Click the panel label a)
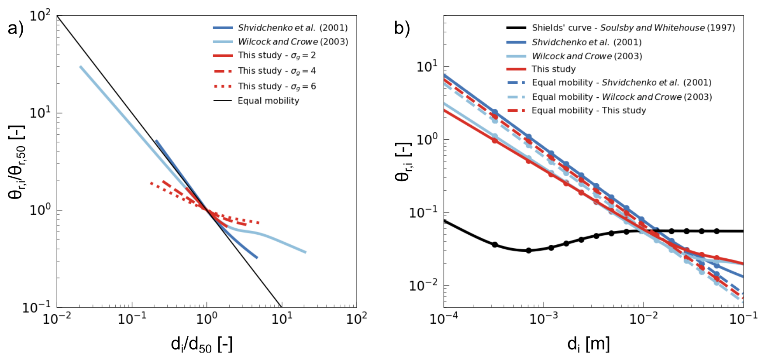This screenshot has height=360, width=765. tap(15, 28)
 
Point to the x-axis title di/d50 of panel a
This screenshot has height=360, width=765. tap(202, 344)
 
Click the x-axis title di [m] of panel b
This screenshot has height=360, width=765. tap(588, 344)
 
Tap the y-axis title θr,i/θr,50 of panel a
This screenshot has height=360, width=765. tap(17, 161)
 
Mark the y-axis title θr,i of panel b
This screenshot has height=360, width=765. tap(403, 161)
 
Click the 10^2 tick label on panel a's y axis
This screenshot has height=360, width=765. tap(40, 17)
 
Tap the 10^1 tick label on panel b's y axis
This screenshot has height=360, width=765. tap(427, 67)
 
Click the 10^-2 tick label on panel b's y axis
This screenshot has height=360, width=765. tap(423, 286)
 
